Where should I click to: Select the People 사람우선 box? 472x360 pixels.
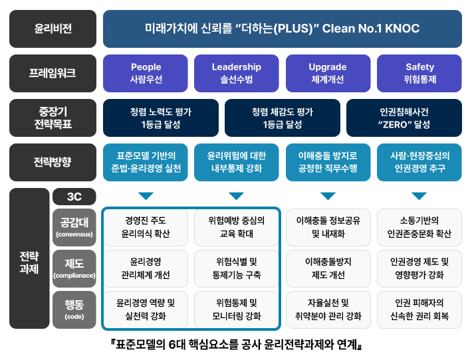(x=146, y=73)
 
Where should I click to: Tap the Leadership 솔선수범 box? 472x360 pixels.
(x=237, y=73)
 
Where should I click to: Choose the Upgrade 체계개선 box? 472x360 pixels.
(x=328, y=73)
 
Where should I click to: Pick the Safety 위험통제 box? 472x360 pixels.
(x=419, y=73)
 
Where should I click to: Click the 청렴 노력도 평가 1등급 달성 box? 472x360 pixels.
(x=161, y=118)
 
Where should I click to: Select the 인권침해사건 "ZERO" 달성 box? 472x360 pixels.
(x=405, y=118)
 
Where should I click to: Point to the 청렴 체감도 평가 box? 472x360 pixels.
(x=283, y=118)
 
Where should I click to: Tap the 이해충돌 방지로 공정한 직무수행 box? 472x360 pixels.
(x=328, y=162)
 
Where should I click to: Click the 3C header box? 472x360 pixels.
(x=74, y=197)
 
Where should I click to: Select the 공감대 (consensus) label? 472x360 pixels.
(x=74, y=226)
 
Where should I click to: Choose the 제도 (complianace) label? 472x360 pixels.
(x=74, y=268)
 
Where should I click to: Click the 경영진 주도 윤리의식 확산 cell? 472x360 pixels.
(x=146, y=227)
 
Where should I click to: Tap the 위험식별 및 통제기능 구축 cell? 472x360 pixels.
(x=237, y=268)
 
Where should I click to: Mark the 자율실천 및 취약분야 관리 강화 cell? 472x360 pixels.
(x=328, y=310)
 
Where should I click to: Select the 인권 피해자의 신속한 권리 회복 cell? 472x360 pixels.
(x=419, y=310)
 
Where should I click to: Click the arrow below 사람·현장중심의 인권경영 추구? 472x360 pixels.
(x=419, y=196)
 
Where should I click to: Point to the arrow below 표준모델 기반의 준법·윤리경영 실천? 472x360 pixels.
(x=146, y=196)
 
